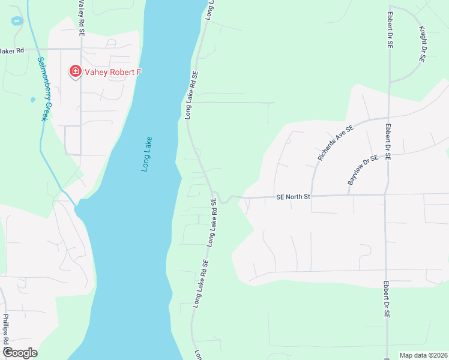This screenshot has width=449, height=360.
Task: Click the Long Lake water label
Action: pos(148,155)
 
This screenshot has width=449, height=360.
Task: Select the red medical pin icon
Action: pos(76,72)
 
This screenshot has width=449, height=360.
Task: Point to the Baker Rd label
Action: pos(12,51)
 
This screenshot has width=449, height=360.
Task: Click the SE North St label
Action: pos(293,196)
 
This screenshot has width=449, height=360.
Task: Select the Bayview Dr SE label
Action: pos(364,169)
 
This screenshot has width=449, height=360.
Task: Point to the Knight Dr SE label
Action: pos(423,44)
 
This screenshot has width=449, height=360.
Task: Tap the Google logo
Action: pos(20,353)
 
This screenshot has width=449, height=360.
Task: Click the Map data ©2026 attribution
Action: pos(423,355)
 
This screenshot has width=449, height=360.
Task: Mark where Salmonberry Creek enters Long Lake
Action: pos(76,205)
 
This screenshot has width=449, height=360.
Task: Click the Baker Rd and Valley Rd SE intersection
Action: pos(80,49)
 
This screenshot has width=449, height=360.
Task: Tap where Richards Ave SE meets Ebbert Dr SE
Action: pos(389,118)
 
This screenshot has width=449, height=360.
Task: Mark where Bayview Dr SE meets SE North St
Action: pos(349,195)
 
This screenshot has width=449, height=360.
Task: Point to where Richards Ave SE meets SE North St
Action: pos(312,196)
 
